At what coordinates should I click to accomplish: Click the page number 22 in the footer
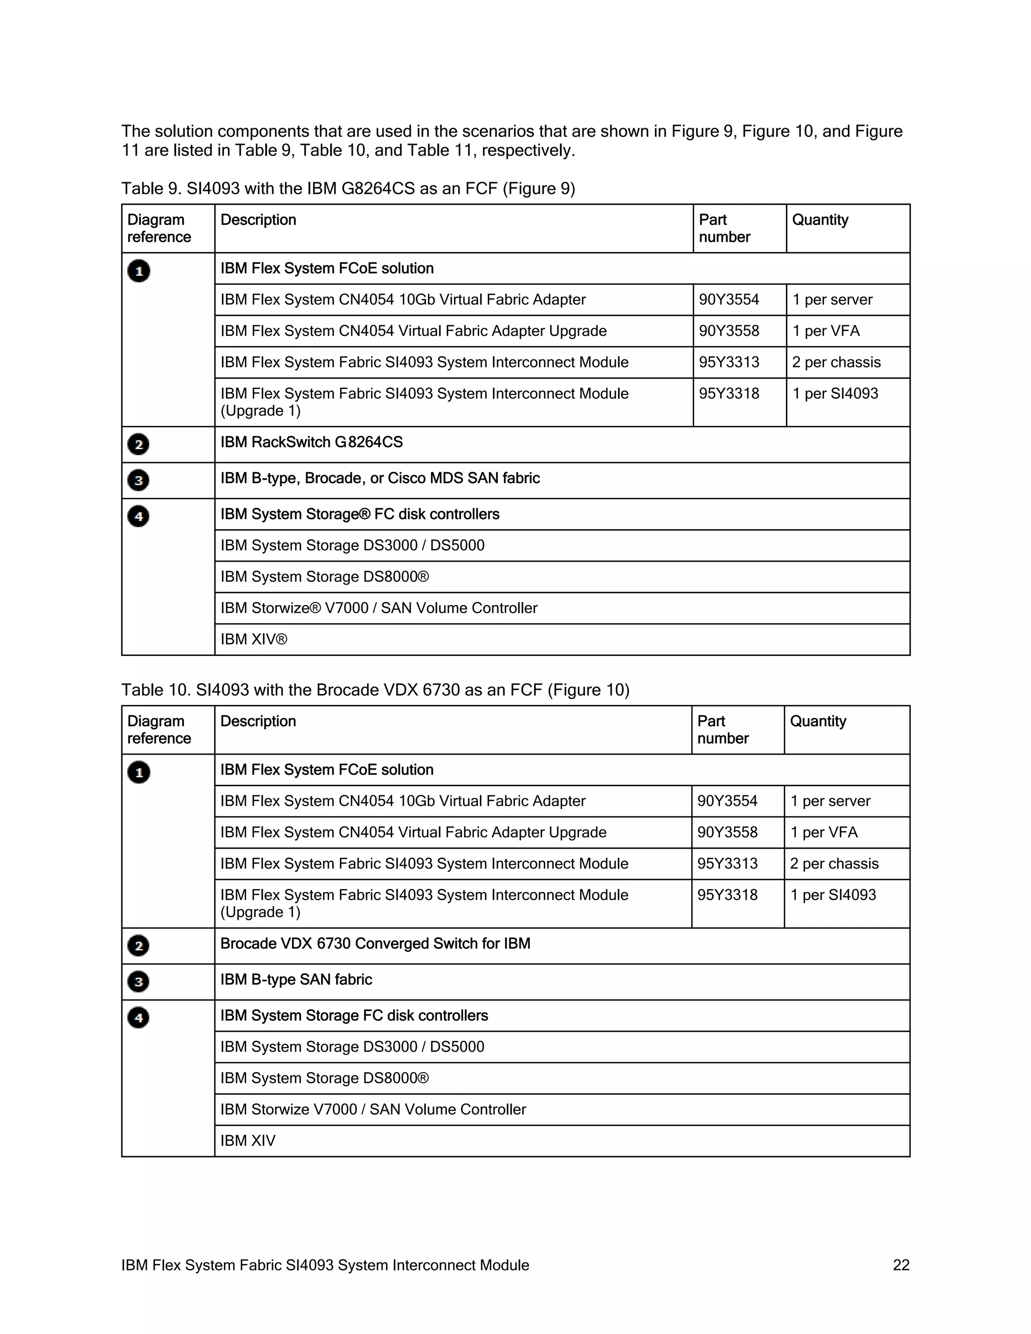point(901,1265)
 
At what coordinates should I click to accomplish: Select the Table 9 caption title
point(348,189)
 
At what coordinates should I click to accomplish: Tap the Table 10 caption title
point(375,690)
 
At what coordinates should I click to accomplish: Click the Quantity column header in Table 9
point(820,220)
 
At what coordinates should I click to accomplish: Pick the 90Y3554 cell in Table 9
point(728,300)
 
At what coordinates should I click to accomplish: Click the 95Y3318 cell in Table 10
point(727,895)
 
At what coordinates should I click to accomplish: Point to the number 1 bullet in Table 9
point(138,271)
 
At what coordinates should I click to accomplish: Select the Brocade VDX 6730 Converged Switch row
point(375,944)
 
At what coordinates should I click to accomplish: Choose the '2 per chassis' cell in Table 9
point(836,362)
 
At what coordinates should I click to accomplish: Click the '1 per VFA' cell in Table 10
point(824,833)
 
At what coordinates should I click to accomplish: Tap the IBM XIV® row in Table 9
point(254,639)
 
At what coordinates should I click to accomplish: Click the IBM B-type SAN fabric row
point(296,980)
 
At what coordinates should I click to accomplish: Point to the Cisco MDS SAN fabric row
point(380,478)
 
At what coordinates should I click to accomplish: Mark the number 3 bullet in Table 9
point(138,480)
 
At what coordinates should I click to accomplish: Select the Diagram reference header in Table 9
point(159,229)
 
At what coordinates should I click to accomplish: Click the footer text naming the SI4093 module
point(325,1265)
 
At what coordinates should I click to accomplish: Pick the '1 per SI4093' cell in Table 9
point(835,394)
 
